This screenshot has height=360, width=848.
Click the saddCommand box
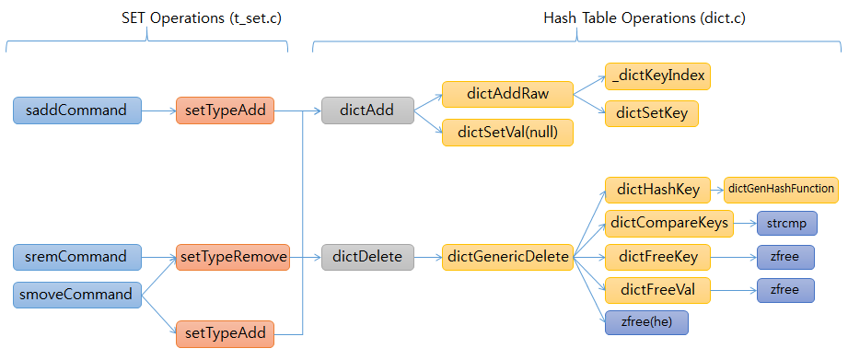pos(77,110)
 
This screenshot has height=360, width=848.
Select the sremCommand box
pos(77,256)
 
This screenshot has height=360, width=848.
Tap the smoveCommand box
pos(77,296)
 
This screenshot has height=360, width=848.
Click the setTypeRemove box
pos(232,256)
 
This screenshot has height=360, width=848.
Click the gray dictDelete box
pos(367,256)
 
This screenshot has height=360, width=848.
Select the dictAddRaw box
pos(507,94)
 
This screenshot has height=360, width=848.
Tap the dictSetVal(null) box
pos(507,133)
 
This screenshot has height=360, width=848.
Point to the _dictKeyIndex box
pos(657,75)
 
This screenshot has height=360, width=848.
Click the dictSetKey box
pos(651,113)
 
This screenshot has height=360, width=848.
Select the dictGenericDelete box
pos(507,256)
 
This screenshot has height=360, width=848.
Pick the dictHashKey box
pos(657,190)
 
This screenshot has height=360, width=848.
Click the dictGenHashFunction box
pos(781,190)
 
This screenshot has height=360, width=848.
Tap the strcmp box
pos(785,223)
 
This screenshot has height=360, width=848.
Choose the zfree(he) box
pos(645,322)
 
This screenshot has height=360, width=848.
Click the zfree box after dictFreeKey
pos(785,257)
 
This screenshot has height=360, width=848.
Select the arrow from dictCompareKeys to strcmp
pos(744,223)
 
